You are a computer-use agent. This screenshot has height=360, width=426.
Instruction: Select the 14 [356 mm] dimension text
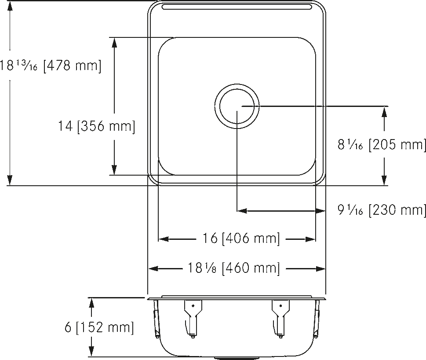click(96, 126)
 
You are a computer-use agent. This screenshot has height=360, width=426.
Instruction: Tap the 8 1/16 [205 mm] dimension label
click(382, 144)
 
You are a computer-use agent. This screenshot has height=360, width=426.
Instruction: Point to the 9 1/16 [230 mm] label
click(382, 210)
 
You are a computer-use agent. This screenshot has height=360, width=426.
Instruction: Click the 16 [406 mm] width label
click(241, 239)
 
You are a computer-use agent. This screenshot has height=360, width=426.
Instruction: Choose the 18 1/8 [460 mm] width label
click(233, 268)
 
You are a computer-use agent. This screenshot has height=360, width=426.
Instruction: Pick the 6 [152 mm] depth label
click(99, 327)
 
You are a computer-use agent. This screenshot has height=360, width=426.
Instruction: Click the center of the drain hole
click(237, 106)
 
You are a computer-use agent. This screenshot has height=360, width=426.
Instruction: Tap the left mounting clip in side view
click(193, 319)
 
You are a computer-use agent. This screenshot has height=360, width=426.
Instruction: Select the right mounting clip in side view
click(280, 319)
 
